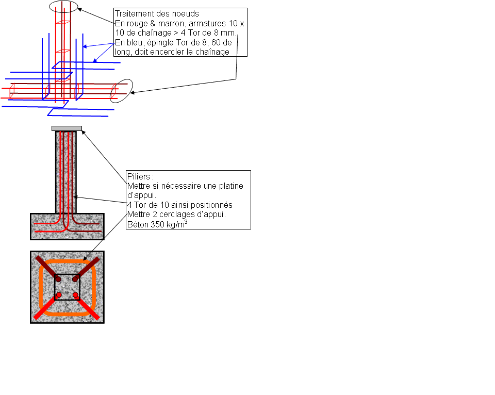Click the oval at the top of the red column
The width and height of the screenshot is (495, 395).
point(64,7)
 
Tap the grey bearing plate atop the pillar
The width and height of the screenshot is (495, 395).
point(67,128)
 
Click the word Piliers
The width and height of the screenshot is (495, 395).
point(138,176)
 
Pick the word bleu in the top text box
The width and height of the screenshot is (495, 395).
point(134,42)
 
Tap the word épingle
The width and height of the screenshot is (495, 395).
point(158,42)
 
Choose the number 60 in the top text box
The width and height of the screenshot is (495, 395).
point(216,42)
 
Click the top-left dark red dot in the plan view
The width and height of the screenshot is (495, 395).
point(58,279)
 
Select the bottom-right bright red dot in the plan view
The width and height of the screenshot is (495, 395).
point(76,295)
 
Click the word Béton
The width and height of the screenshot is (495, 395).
point(136,224)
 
